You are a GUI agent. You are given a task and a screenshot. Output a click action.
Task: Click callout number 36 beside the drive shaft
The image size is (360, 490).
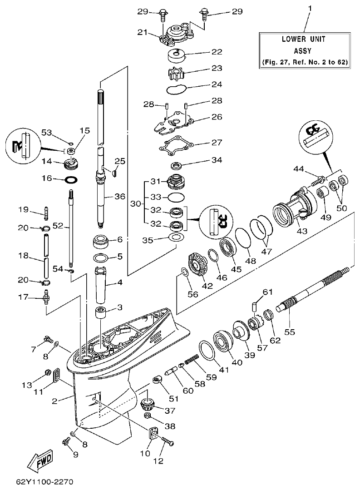(x=119, y=197)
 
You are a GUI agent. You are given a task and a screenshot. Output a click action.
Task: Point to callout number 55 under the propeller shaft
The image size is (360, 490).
(x=290, y=332)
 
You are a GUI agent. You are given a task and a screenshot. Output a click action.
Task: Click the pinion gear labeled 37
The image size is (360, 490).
(x=148, y=403)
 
